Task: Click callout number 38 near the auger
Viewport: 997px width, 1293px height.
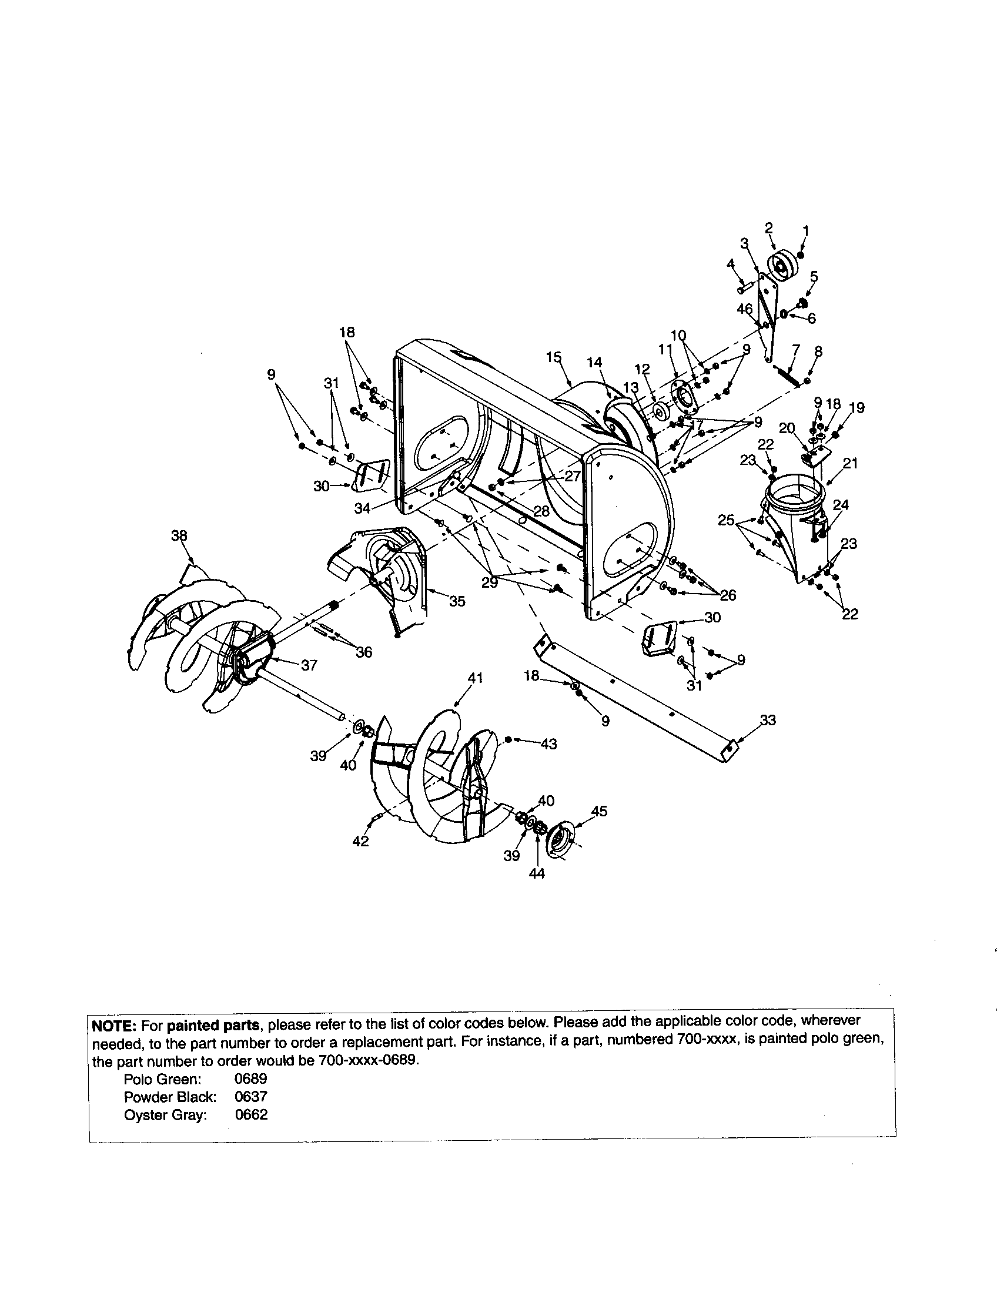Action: coord(179,536)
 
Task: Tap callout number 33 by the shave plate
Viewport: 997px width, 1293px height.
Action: coord(768,720)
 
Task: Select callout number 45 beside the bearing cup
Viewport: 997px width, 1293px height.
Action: coord(599,811)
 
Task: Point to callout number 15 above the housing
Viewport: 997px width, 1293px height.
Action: coord(554,357)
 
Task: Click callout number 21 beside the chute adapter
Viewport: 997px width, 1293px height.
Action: coord(850,463)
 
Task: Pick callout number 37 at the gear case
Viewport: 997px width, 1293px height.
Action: coord(309,665)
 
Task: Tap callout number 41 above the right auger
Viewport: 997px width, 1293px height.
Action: coord(476,678)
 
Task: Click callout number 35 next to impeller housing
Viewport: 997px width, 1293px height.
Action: coord(457,601)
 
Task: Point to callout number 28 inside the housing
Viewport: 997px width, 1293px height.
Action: coord(541,511)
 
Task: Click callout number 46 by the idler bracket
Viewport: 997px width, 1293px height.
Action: coord(745,309)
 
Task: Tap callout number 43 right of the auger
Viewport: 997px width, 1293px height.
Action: coord(549,744)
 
